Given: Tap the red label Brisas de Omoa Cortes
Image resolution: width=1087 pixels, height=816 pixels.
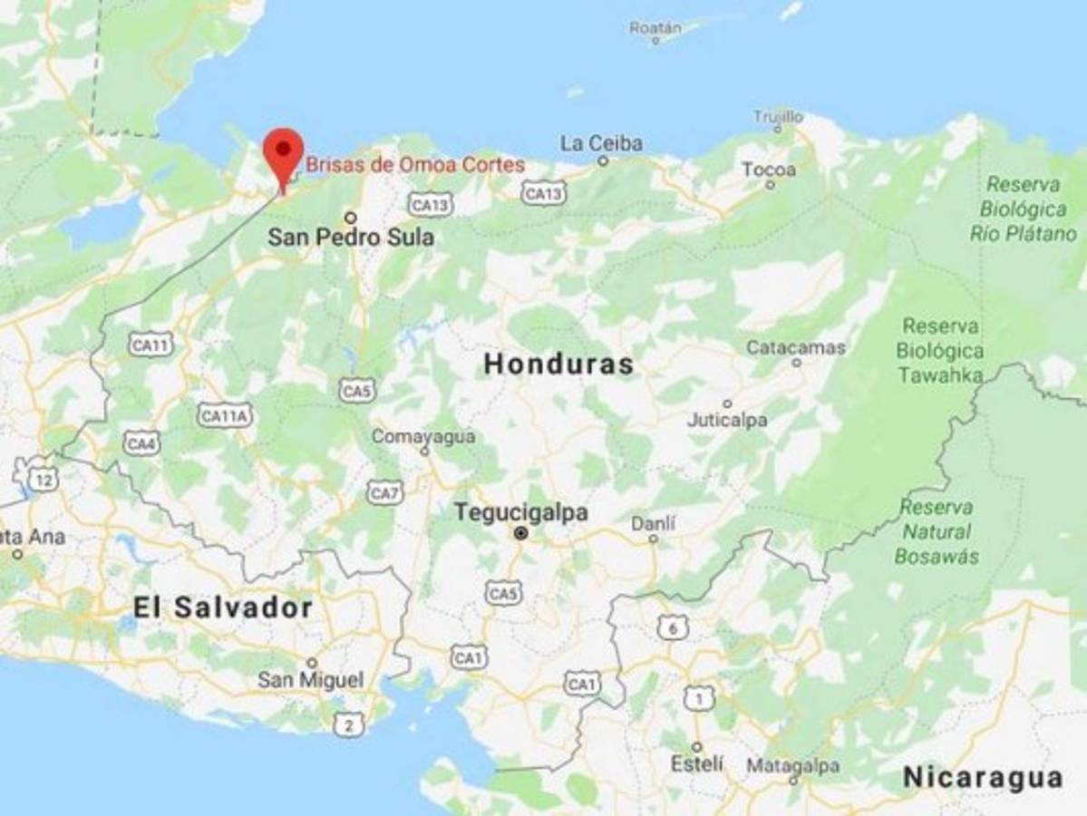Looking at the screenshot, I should click(414, 165).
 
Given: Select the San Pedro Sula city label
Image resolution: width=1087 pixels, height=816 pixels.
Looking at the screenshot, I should click(351, 238).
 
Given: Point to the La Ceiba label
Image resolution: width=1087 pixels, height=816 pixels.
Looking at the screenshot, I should click(601, 143).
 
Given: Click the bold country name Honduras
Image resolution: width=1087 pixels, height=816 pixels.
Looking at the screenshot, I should click(558, 364).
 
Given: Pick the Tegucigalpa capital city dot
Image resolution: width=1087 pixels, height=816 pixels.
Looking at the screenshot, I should click(521, 534).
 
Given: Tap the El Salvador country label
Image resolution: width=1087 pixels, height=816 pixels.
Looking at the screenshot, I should click(223, 607).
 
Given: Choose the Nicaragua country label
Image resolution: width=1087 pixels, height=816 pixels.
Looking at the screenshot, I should click(983, 777).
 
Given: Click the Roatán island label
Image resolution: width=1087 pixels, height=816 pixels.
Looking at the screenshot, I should click(655, 27).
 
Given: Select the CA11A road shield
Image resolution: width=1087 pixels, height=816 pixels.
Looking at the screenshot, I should click(224, 415).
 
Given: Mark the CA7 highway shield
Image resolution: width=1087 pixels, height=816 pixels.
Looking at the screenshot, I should click(385, 493).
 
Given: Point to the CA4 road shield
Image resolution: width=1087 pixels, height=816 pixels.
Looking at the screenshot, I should click(141, 444).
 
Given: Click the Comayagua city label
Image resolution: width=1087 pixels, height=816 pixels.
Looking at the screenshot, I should click(423, 437).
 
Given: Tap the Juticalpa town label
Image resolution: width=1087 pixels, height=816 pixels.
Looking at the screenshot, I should click(727, 420).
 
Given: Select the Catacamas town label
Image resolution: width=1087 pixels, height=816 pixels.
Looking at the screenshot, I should click(796, 347).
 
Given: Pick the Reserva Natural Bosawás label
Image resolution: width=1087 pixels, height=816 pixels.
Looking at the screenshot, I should click(937, 532).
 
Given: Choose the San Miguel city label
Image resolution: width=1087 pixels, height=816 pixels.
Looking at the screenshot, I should click(310, 679).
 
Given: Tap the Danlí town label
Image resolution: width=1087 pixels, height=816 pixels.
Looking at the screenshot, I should click(653, 523).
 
